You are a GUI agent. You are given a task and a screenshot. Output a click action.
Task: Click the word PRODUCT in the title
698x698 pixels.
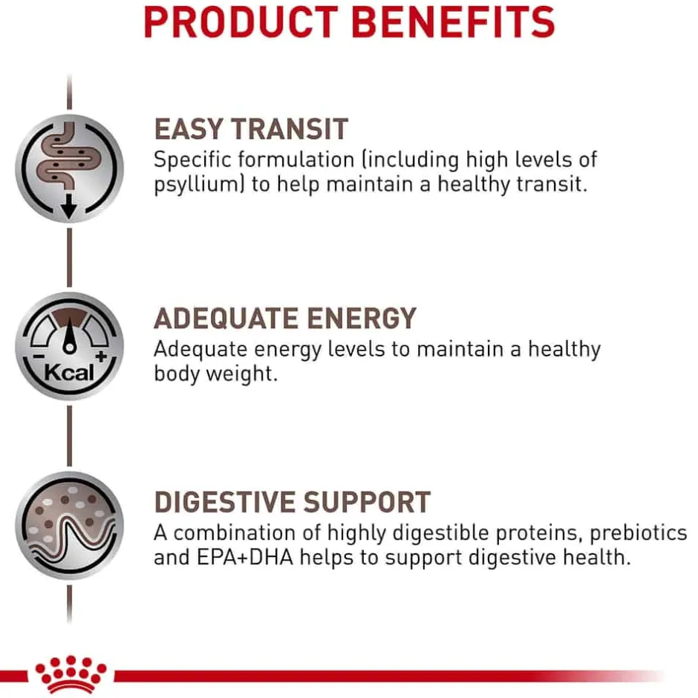pyautogui.click(x=241, y=22)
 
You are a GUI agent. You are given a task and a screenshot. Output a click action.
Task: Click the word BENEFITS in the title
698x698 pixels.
pyautogui.click(x=453, y=22)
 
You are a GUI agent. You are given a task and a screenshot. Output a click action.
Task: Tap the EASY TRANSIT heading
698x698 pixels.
pyautogui.click(x=251, y=129)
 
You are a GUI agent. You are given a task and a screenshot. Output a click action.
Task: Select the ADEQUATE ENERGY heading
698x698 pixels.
pyautogui.click(x=285, y=318)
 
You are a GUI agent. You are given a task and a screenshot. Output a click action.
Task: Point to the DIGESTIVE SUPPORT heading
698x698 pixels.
pyautogui.click(x=292, y=502)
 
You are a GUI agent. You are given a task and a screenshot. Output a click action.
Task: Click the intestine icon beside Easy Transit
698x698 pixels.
pyautogui.click(x=70, y=169)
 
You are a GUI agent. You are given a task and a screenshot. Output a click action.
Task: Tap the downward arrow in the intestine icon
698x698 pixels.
pyautogui.click(x=69, y=206)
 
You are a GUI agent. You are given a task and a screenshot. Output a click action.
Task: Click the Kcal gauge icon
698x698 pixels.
pyautogui.click(x=70, y=346)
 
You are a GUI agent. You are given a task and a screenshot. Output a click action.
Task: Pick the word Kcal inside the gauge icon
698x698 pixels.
pyautogui.click(x=69, y=373)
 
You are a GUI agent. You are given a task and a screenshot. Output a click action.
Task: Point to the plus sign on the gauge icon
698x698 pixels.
pyautogui.click(x=101, y=356)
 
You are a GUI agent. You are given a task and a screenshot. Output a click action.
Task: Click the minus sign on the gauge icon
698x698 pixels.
pyautogui.click(x=39, y=356)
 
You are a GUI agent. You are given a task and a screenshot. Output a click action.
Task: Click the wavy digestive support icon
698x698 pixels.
pyautogui.click(x=70, y=525)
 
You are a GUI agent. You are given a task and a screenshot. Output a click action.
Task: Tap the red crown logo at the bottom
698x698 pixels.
pyautogui.click(x=71, y=673)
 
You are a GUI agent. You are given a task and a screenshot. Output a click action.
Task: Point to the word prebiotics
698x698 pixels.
pyautogui.click(x=639, y=533)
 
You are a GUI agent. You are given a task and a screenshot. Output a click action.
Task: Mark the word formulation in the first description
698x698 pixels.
pyautogui.click(x=296, y=160)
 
